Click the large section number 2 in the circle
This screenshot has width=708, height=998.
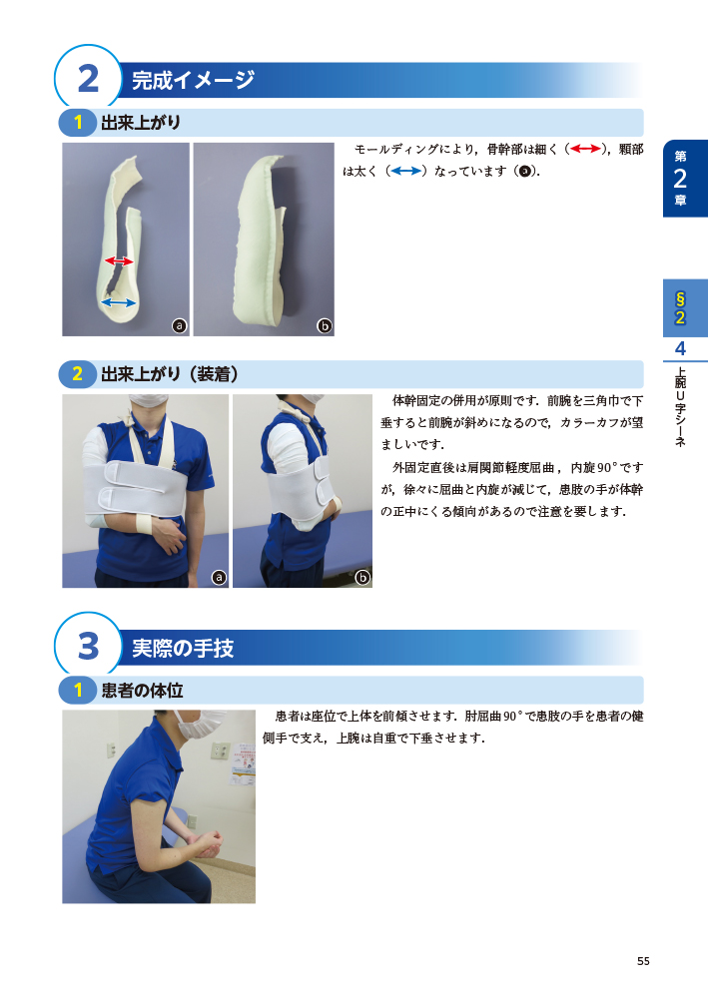click(x=89, y=80)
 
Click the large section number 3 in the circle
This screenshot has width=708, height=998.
click(x=89, y=646)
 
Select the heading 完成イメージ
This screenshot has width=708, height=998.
click(x=193, y=80)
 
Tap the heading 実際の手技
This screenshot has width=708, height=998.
click(x=183, y=648)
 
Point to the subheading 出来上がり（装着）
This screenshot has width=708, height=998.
click(x=170, y=373)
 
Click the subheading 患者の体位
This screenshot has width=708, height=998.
click(x=142, y=690)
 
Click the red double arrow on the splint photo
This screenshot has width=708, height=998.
click(x=119, y=260)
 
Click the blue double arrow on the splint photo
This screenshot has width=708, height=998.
click(x=119, y=302)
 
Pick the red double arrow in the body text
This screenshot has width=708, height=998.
click(x=586, y=149)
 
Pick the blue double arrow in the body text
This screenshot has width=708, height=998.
click(x=406, y=171)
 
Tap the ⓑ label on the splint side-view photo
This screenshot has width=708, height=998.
click(x=325, y=326)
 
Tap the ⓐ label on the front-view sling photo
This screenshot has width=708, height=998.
click(x=219, y=577)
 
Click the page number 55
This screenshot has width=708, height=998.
click(x=643, y=961)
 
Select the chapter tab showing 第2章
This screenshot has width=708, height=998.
click(x=684, y=179)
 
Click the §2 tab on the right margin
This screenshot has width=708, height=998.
click(x=684, y=308)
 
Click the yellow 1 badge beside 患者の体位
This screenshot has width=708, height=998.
click(x=78, y=690)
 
